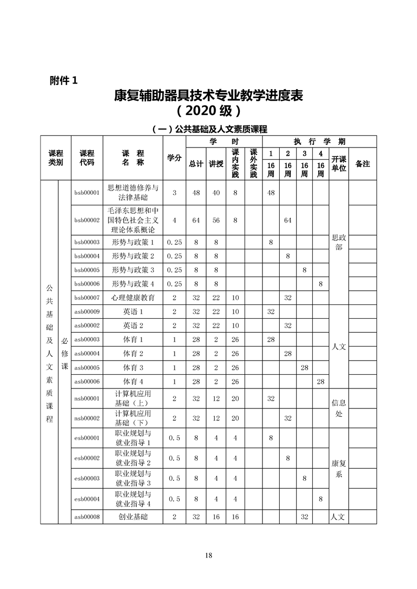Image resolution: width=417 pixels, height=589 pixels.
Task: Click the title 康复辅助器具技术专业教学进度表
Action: [x=209, y=96]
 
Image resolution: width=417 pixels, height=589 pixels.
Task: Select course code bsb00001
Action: [x=87, y=193]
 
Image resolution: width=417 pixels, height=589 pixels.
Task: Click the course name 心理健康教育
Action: [x=133, y=298]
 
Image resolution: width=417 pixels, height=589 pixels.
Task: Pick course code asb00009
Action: [x=87, y=312]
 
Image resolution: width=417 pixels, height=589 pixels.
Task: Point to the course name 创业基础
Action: [x=133, y=517]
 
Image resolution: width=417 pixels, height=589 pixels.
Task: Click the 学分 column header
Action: [x=174, y=159]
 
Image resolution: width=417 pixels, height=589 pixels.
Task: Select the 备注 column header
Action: [x=362, y=164]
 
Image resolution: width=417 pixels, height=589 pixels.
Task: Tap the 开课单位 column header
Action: [x=338, y=163]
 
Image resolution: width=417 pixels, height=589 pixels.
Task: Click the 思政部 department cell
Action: [x=338, y=242]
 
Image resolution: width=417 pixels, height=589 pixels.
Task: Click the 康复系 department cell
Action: [x=338, y=469]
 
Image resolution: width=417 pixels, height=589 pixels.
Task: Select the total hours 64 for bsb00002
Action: [x=196, y=220]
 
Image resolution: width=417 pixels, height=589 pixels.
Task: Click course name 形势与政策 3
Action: [x=133, y=270]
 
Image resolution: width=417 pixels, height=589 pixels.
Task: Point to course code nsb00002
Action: [x=87, y=418]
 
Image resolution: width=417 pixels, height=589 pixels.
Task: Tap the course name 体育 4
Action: [x=133, y=381]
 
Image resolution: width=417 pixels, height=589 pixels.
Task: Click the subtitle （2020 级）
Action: [x=209, y=111]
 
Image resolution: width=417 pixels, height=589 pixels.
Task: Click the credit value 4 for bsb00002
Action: [x=174, y=220]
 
